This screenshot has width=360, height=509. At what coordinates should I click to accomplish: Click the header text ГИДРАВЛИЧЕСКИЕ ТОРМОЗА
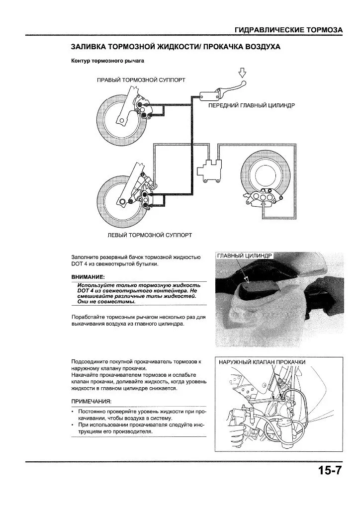pos(288,30)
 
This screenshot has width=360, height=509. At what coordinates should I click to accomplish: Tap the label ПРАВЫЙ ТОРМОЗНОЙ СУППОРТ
pos(141,80)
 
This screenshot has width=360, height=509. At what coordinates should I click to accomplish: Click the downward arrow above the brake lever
pos(243,74)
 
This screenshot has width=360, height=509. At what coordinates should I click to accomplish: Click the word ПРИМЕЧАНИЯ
pos(91,401)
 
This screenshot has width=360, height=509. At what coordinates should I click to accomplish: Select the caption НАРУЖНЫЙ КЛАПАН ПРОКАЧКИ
pos(262,362)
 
